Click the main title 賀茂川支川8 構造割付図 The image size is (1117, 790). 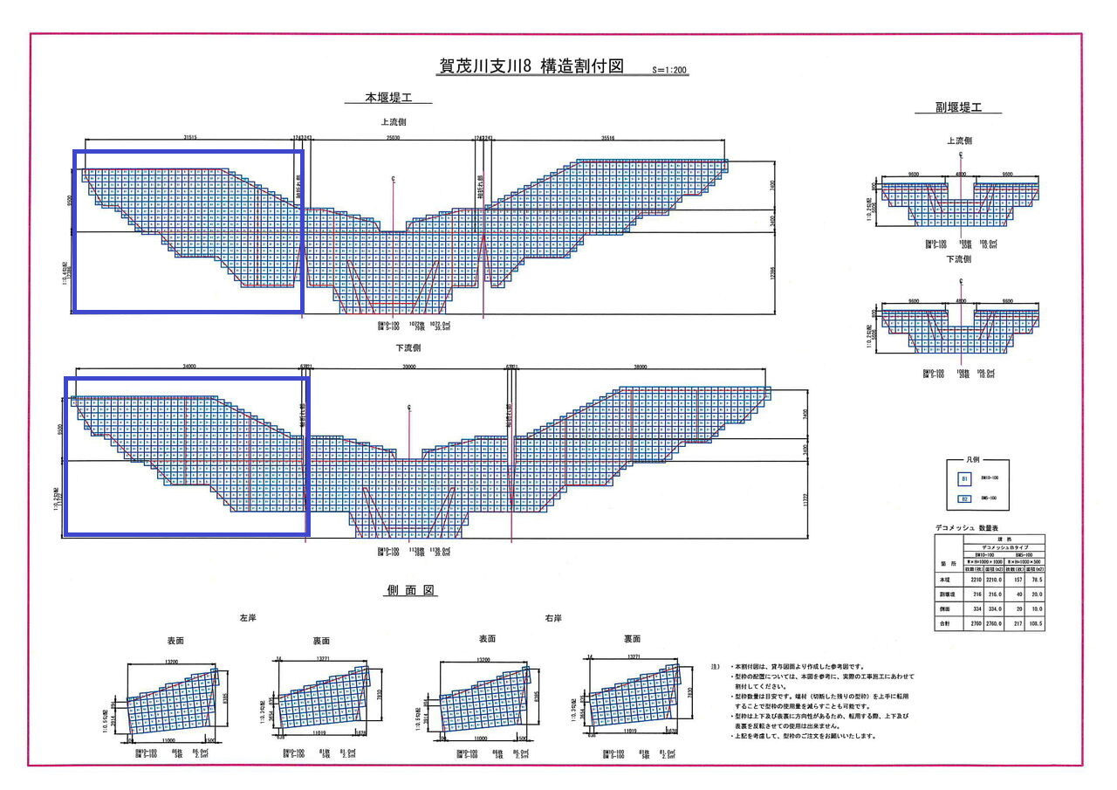pos(533,66)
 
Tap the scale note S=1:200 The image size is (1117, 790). pos(669,69)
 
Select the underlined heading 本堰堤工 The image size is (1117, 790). pos(388,99)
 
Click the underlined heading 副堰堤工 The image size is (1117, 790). pos(958,108)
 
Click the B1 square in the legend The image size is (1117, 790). pos(963,479)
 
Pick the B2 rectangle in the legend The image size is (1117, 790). pos(963,498)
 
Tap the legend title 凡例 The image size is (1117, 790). pos(977,460)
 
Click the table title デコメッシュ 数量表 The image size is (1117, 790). pos(976,529)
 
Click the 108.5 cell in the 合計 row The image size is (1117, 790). pos(1034,625)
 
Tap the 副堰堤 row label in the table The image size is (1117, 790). pos(942,594)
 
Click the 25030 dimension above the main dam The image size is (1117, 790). pos(394,137)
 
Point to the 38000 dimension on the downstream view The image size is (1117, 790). pos(641,368)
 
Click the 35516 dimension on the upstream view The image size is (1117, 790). pos(608,137)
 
